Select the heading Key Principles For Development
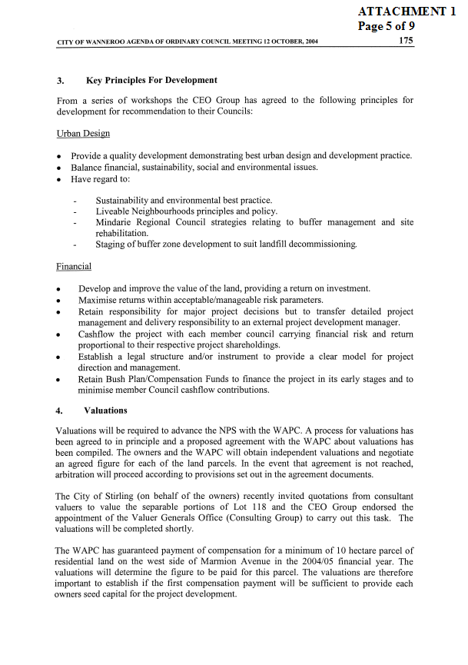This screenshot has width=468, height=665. [151, 80]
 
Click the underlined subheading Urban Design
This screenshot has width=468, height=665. [83, 133]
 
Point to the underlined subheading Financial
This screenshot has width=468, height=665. [74, 267]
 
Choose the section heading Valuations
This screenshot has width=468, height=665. [105, 411]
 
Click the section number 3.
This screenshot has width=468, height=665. [60, 80]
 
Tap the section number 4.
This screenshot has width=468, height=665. [60, 411]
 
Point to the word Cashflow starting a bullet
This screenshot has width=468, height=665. [98, 334]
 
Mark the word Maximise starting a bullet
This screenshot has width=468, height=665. [98, 300]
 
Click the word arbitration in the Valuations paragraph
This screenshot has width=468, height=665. [79, 475]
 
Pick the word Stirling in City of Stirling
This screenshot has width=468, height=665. [124, 497]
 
